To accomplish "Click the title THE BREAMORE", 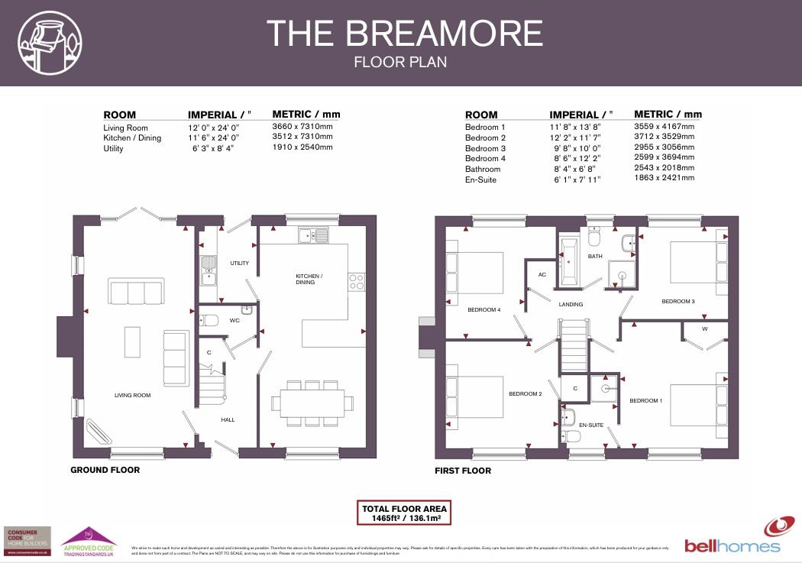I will [404, 34].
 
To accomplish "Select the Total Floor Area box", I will [406, 513].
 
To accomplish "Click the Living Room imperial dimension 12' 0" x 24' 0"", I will [214, 128].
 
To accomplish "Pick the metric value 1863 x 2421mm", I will [665, 178].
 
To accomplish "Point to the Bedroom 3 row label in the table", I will [485, 148].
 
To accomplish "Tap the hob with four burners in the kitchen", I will [356, 282].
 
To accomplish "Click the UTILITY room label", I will [239, 263].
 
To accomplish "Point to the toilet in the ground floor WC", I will [211, 320].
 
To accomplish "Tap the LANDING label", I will [571, 304].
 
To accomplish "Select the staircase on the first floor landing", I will [574, 345].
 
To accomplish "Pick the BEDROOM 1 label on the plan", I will [645, 400].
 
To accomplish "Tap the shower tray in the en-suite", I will [606, 387].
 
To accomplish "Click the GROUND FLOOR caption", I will [105, 470].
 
